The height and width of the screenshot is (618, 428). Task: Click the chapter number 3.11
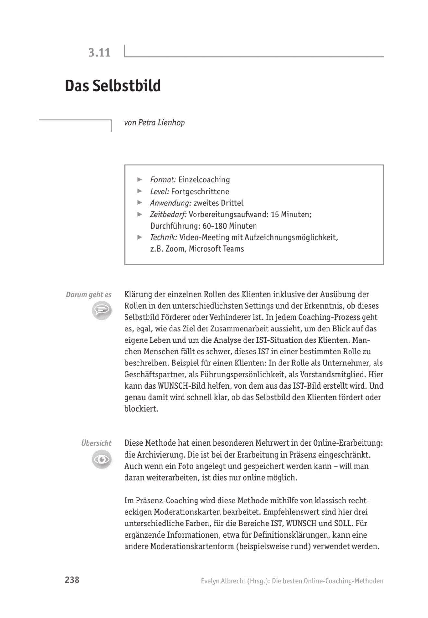pyautogui.click(x=99, y=53)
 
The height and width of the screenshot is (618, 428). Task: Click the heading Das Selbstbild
pyautogui.click(x=113, y=86)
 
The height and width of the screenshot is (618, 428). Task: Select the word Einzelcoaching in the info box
pyautogui.click(x=204, y=180)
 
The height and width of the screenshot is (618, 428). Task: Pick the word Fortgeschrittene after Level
pyautogui.click(x=200, y=192)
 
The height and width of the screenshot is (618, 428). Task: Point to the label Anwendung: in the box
pyautogui.click(x=171, y=203)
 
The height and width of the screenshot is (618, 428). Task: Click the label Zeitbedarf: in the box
pyautogui.click(x=168, y=215)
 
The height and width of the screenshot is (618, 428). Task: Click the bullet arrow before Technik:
pyautogui.click(x=140, y=237)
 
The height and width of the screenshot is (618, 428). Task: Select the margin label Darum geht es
pyautogui.click(x=89, y=295)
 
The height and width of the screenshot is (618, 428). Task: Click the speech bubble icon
pyautogui.click(x=101, y=310)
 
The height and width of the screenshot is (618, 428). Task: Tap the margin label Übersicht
pyautogui.click(x=96, y=443)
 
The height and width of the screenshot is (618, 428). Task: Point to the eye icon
pyautogui.click(x=101, y=459)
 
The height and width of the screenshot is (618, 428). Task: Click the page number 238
pyautogui.click(x=72, y=580)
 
